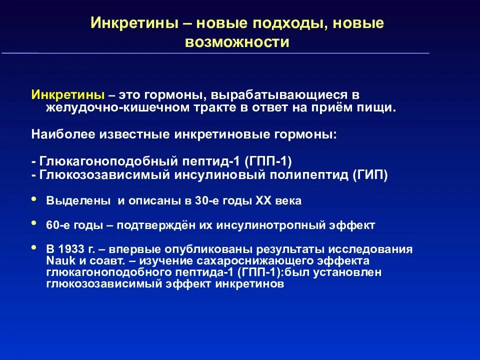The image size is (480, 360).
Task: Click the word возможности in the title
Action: pyautogui.click(x=237, y=42)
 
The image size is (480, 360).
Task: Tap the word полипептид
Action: pyautogui.click(x=311, y=175)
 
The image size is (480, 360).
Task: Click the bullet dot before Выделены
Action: pyautogui.click(x=34, y=199)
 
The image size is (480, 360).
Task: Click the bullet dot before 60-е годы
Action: pyautogui.click(x=34, y=223)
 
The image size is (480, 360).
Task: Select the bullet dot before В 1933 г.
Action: pyautogui.click(x=34, y=247)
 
